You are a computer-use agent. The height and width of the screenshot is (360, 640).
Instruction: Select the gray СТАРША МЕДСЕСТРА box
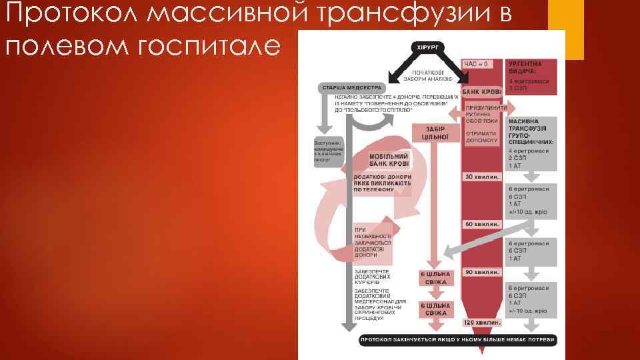352,87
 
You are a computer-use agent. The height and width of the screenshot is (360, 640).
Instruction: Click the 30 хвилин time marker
483,177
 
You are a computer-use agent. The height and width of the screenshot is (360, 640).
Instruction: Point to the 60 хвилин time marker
483,224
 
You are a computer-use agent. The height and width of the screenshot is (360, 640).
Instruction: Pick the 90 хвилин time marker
483,272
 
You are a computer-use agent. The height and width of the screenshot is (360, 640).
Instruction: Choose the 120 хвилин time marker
483,322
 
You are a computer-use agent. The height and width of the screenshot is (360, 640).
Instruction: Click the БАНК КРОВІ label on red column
481,91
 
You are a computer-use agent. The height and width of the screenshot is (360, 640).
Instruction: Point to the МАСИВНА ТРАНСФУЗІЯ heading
531,132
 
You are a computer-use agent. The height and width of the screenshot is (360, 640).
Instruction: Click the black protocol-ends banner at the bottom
457,340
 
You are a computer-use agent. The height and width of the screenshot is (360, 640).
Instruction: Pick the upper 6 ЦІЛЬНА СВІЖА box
435,277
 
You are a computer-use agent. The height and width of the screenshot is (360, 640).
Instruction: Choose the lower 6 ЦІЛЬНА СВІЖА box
435,309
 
